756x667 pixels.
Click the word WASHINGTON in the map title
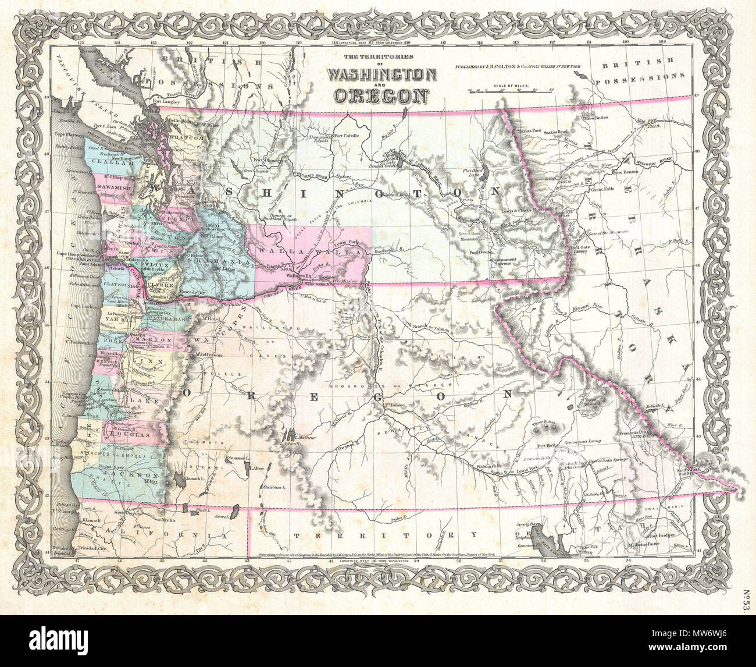tap(382, 75)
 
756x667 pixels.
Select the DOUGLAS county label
tap(132, 435)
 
